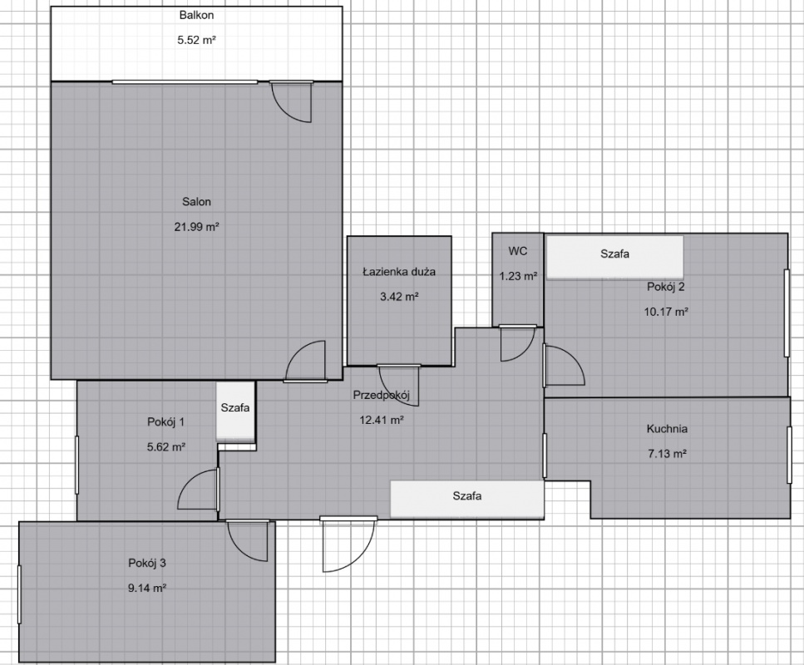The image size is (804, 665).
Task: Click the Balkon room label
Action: [x=198, y=15]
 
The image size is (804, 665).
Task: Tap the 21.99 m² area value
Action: [x=198, y=226]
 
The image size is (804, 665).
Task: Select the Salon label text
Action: [x=197, y=202]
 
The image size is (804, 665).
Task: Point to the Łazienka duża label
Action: [x=399, y=272]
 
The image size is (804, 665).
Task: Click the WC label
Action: [x=518, y=251]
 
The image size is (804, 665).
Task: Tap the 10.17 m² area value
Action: [x=666, y=312]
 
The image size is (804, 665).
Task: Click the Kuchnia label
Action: [x=667, y=430]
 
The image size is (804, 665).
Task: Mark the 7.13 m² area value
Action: [x=666, y=454]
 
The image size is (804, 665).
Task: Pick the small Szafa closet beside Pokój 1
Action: [x=235, y=410]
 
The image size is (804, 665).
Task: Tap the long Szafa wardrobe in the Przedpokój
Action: [x=467, y=498]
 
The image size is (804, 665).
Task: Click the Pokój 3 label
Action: [x=147, y=563]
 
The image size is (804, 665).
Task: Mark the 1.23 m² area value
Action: [x=518, y=277]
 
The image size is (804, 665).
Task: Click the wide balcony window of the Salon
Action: [x=185, y=81]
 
